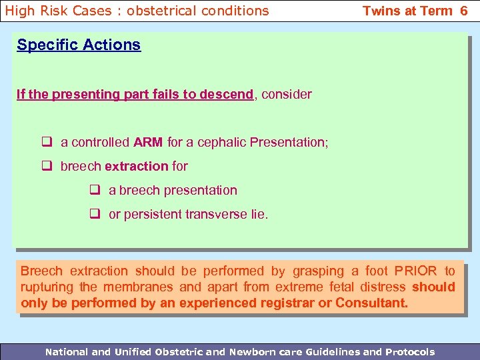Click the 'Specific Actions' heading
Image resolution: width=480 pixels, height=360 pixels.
[79, 45]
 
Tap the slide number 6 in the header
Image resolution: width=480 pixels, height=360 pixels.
[463, 11]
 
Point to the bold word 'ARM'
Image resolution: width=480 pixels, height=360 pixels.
[148, 142]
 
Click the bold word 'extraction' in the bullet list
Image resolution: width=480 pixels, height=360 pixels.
[137, 166]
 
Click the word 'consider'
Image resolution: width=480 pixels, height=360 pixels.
[287, 94]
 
